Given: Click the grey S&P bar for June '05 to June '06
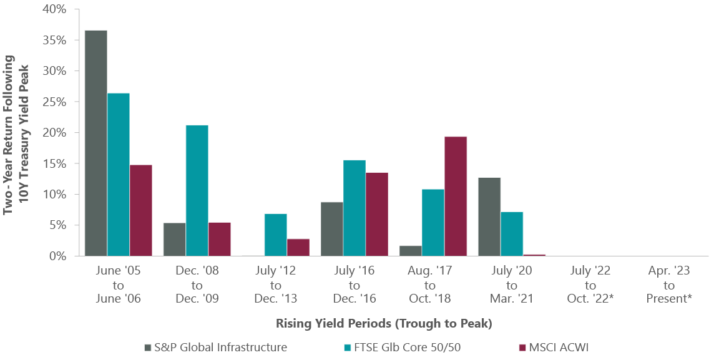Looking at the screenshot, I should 95,143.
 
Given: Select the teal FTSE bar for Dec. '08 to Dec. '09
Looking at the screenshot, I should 197,190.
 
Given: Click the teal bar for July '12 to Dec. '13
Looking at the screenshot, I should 275,235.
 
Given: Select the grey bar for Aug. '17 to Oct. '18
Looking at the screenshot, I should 410,251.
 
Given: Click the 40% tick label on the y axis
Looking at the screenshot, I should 53,9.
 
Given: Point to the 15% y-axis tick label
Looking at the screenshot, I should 53,163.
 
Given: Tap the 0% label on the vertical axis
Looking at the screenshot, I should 56,256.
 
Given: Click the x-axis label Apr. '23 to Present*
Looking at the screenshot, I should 669,285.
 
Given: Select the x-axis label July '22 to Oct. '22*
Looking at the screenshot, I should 590,285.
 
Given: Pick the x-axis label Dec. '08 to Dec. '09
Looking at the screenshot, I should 197,285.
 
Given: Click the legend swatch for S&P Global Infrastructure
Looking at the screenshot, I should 147,347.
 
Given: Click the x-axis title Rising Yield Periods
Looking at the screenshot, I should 384,324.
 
